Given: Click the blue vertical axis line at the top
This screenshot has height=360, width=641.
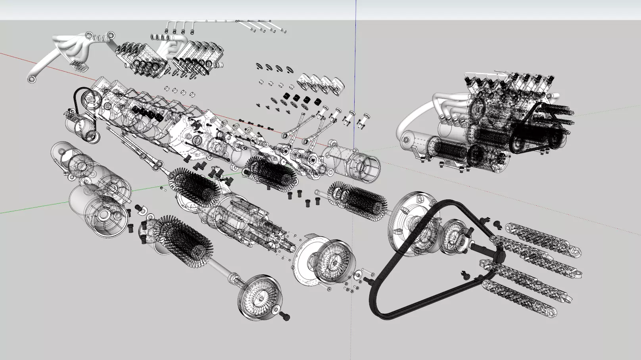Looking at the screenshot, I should click(x=356, y=10).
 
